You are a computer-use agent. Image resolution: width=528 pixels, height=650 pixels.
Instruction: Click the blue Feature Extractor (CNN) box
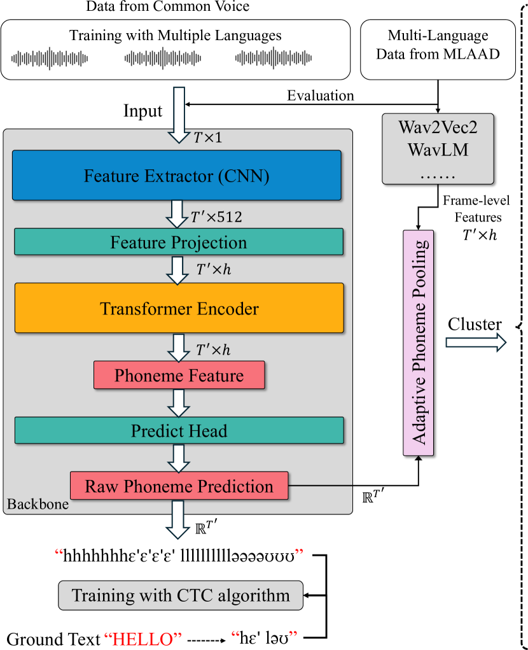tap(177, 175)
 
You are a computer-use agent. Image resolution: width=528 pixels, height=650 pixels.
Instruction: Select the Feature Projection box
tap(179, 242)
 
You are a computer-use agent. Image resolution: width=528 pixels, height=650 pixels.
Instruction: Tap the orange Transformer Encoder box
tap(179, 309)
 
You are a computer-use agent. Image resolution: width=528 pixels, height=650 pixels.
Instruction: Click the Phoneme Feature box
tap(179, 376)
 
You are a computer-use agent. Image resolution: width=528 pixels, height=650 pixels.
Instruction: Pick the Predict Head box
tap(179, 431)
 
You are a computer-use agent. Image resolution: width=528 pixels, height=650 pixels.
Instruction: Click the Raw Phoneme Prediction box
tap(179, 486)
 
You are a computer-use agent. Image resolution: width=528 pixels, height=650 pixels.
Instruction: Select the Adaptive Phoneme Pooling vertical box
tap(419, 343)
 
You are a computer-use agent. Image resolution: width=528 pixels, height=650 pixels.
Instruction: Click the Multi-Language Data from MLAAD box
tap(438, 45)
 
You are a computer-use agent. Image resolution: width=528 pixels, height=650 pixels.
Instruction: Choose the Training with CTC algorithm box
tap(181, 596)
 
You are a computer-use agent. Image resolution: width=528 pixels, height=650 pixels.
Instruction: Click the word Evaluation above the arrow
tap(320, 95)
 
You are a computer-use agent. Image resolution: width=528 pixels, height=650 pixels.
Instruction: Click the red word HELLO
tap(143, 637)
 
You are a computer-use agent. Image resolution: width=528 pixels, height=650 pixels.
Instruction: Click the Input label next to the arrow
tap(142, 111)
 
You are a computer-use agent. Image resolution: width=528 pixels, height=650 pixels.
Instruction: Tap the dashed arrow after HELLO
tap(207, 637)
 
